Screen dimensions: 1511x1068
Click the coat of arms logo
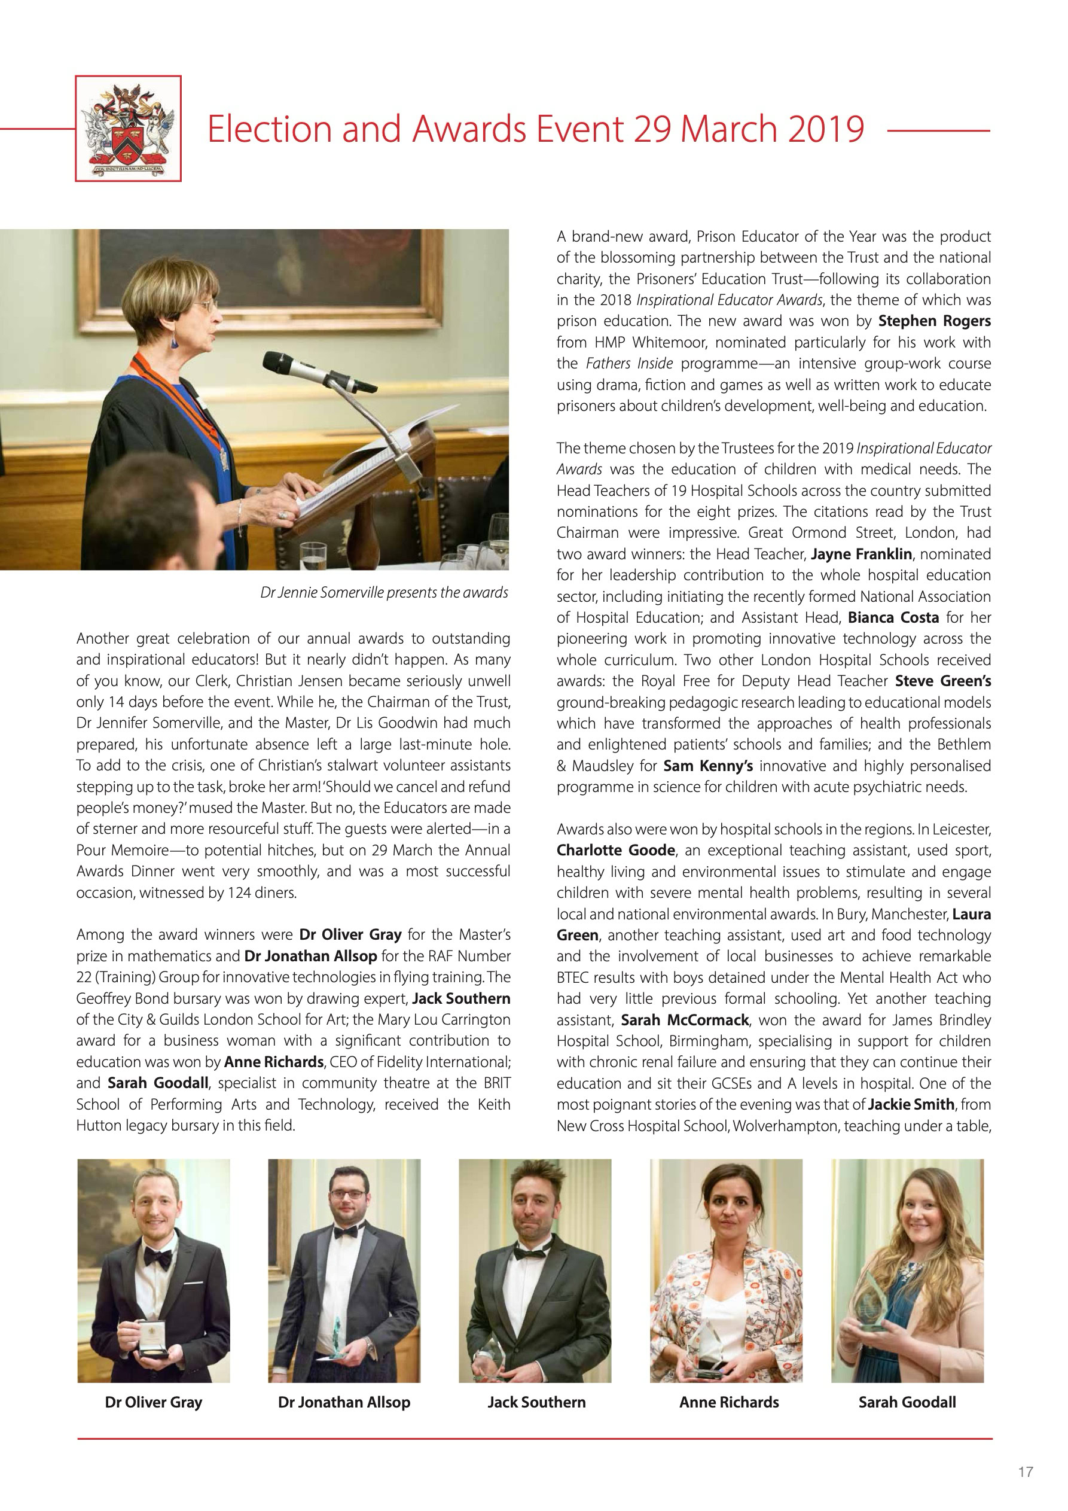[129, 129]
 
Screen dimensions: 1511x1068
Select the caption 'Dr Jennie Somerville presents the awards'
[385, 592]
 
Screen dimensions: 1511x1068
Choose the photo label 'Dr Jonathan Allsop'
[344, 1402]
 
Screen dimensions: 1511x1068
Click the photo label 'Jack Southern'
[536, 1402]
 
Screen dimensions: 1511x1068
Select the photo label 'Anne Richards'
[729, 1402]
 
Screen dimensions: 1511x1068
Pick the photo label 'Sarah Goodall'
[907, 1402]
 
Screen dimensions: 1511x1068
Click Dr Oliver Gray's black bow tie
[158, 1259]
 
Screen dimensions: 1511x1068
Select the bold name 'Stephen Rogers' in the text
[935, 321]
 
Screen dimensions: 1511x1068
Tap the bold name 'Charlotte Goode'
[615, 850]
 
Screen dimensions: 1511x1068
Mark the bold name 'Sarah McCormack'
[684, 1020]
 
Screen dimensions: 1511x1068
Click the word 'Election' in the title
[270, 129]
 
